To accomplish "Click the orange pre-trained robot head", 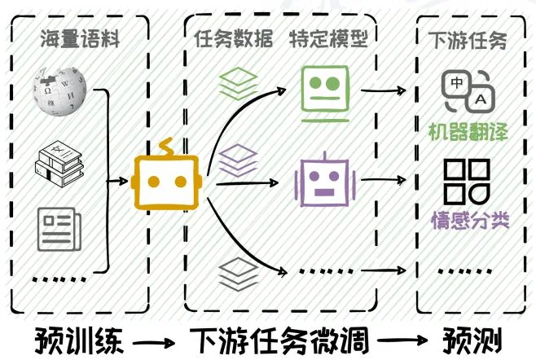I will click(x=166, y=176).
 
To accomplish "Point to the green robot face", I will click(x=324, y=88).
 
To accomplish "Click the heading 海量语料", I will click(x=80, y=39).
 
